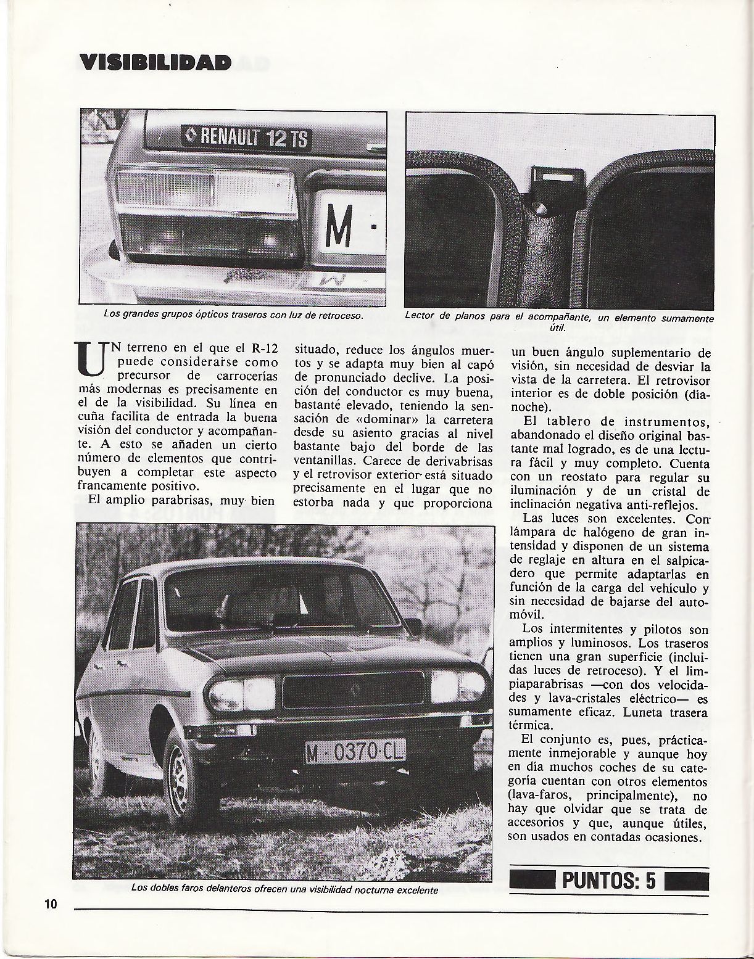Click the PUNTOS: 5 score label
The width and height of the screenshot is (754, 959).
608,880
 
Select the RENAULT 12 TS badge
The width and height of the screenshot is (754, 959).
247,137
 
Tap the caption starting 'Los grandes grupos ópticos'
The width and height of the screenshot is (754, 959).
233,315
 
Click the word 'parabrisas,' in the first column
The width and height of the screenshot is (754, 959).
196,501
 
